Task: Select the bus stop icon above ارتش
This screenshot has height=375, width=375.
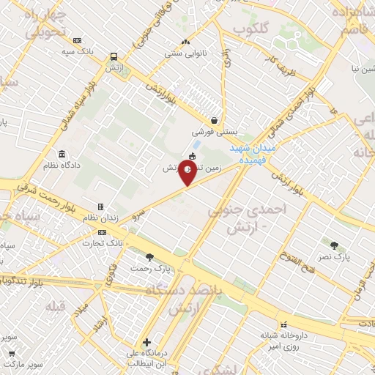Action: click(x=114, y=56)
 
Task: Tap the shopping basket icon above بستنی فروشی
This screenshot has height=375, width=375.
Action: click(x=213, y=121)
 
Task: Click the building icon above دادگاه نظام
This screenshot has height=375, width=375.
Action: click(x=62, y=155)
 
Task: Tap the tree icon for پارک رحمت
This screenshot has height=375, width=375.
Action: click(x=150, y=257)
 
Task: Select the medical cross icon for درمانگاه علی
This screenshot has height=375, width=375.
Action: click(x=147, y=342)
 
